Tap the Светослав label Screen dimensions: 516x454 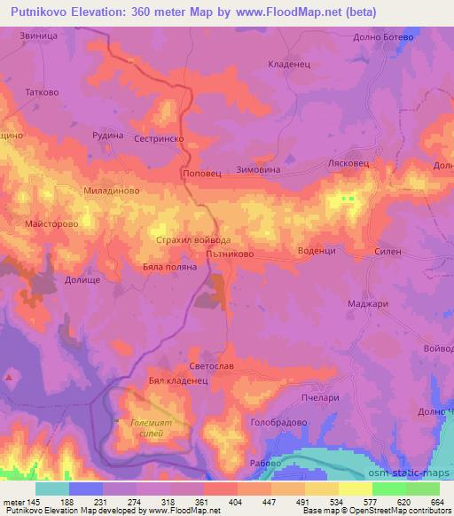pos(211,367)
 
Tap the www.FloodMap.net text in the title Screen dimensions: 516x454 pos(283,12)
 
